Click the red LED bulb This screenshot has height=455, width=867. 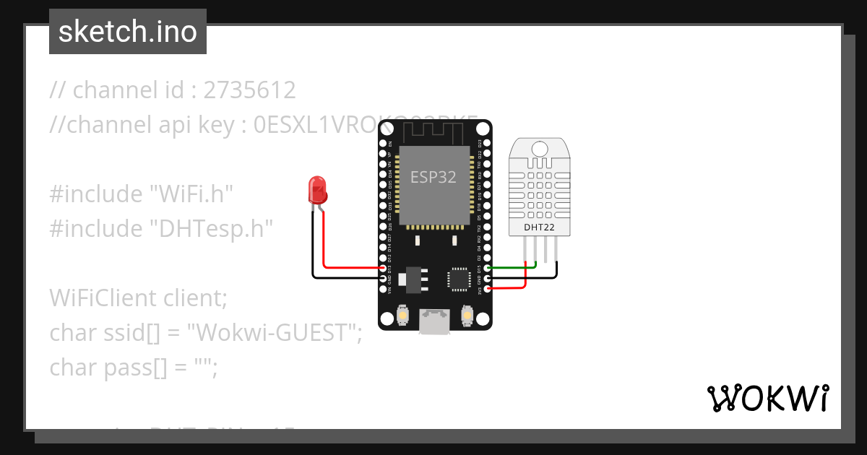pos(317,190)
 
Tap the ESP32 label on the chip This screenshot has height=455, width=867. pos(433,177)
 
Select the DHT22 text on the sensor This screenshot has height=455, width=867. pos(539,227)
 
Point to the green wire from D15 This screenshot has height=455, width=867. pos(513,269)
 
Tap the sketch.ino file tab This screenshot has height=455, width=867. pos(128,32)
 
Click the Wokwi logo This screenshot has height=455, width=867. pos(767,399)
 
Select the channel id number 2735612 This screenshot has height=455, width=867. pos(250,90)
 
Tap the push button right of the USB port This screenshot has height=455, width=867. pos(467,316)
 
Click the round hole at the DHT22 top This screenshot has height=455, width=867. pos(539,149)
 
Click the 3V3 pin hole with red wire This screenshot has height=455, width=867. pos(488,290)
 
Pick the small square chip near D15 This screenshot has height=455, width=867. pos(460,279)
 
